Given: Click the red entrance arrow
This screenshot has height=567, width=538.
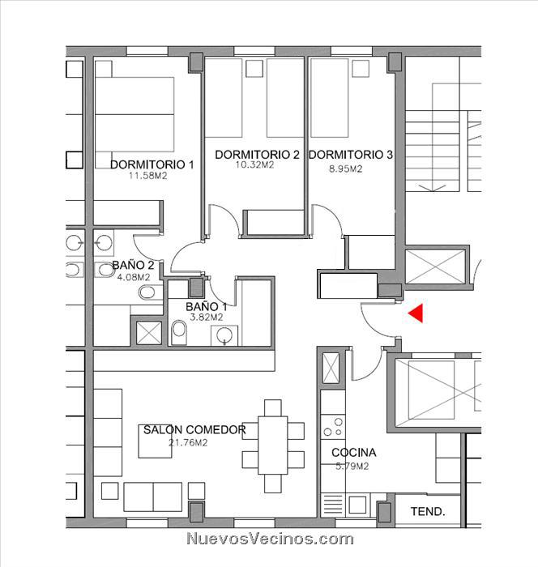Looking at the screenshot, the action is pos(417,313).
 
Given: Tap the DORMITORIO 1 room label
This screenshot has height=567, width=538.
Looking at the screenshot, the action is pos(152,165).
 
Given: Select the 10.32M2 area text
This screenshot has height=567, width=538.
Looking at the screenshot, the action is pos(254,165).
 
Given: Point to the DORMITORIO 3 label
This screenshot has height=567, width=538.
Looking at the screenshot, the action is pos(351,155).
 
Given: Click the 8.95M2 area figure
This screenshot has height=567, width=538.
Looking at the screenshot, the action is pos(345,168).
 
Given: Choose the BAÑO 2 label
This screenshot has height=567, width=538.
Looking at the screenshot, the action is pos(133,265).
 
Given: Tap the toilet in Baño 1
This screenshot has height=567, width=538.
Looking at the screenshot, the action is pos(179,332).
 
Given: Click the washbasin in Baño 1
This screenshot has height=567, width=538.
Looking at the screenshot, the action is pos(224,335).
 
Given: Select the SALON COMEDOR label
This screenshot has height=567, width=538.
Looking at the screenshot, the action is pos(194,430).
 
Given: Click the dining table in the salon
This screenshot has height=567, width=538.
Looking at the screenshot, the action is pos(273,446).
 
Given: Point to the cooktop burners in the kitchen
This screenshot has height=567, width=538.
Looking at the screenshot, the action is pos(333,427).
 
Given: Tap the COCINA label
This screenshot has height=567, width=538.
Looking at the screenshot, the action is pos(354,452).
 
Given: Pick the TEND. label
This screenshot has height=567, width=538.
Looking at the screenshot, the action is pos(428,511).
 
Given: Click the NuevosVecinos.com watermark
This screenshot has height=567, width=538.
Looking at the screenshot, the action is pos(271,539).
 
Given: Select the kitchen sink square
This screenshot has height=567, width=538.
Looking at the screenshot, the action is pos(357,505).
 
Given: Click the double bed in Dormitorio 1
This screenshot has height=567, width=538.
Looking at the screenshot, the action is pos(134,114).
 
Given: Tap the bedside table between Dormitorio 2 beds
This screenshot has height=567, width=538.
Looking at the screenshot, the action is pos(254,68).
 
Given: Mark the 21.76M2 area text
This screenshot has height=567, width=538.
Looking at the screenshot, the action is pos(188,442).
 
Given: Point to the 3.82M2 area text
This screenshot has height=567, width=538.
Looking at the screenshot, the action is pos(207,318).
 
